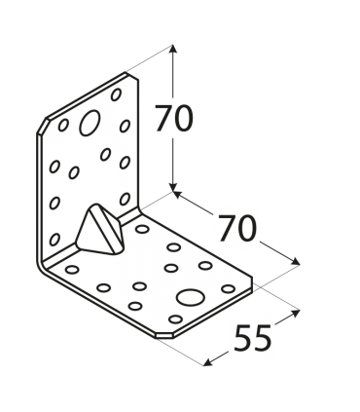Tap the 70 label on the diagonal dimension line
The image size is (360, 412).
click(x=236, y=228)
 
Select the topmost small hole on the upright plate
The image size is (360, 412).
click(x=117, y=95)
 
